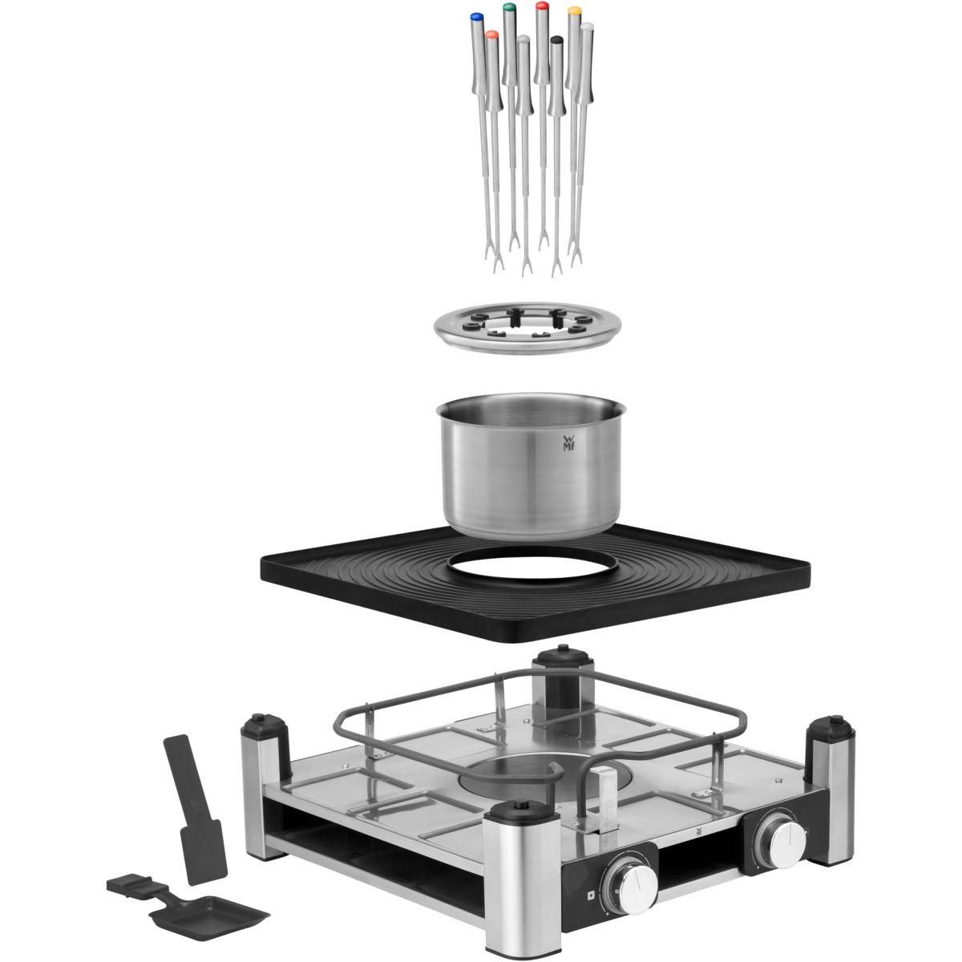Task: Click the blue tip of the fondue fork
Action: point(476,15)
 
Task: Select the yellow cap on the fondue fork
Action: point(574,11)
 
